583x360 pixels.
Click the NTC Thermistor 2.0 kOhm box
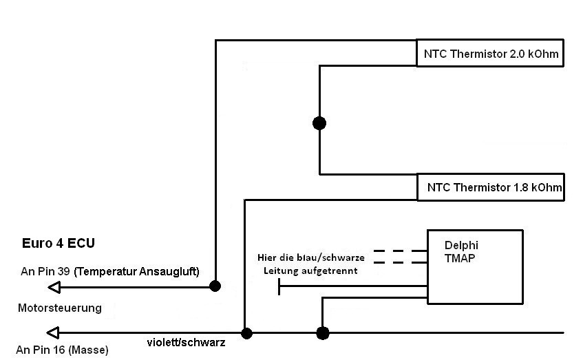[489, 53]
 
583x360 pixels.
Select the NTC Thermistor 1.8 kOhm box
[489, 187]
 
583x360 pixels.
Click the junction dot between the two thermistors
[319, 123]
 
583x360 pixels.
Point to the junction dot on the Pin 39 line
[215, 286]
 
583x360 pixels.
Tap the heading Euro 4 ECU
[59, 243]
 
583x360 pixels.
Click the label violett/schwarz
[186, 342]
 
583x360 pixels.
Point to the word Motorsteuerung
[59, 308]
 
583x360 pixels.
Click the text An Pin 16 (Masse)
[62, 350]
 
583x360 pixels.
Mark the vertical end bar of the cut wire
[279, 286]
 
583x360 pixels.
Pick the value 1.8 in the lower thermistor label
[514, 187]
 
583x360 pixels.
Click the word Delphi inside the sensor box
[461, 244]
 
